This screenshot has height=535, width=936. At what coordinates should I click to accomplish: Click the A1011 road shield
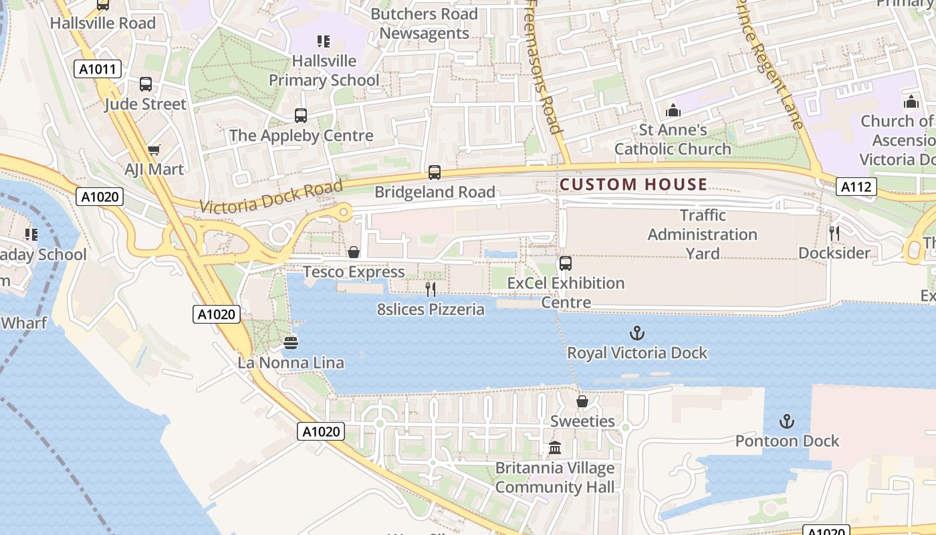(x=98, y=68)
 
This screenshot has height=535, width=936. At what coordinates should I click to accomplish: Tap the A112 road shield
(x=856, y=187)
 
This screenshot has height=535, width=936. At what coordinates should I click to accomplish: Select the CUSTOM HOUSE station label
(x=633, y=185)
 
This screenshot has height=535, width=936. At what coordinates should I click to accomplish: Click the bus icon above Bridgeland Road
(x=435, y=173)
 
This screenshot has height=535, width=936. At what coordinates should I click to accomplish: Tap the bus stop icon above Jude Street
(x=146, y=84)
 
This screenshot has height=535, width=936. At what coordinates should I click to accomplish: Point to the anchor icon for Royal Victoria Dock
(x=637, y=332)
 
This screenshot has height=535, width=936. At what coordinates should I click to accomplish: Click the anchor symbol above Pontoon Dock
(x=787, y=421)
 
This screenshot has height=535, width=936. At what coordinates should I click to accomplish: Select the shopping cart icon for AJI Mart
(x=154, y=150)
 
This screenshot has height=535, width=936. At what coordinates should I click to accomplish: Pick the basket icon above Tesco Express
(x=354, y=252)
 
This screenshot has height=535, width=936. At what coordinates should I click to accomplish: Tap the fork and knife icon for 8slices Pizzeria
(x=431, y=289)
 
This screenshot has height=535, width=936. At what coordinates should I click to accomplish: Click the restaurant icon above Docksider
(x=834, y=233)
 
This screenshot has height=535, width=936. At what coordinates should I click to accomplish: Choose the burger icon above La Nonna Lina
(x=291, y=343)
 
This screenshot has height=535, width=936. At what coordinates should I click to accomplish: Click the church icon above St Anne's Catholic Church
(x=673, y=110)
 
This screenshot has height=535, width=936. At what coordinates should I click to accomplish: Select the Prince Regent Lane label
(x=769, y=64)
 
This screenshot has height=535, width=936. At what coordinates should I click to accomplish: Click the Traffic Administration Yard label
(x=702, y=234)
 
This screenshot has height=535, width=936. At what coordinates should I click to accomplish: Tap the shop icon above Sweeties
(x=582, y=401)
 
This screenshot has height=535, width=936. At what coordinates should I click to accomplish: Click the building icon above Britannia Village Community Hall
(x=555, y=448)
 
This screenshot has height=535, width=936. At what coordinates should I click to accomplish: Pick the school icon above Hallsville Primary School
(x=324, y=41)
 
